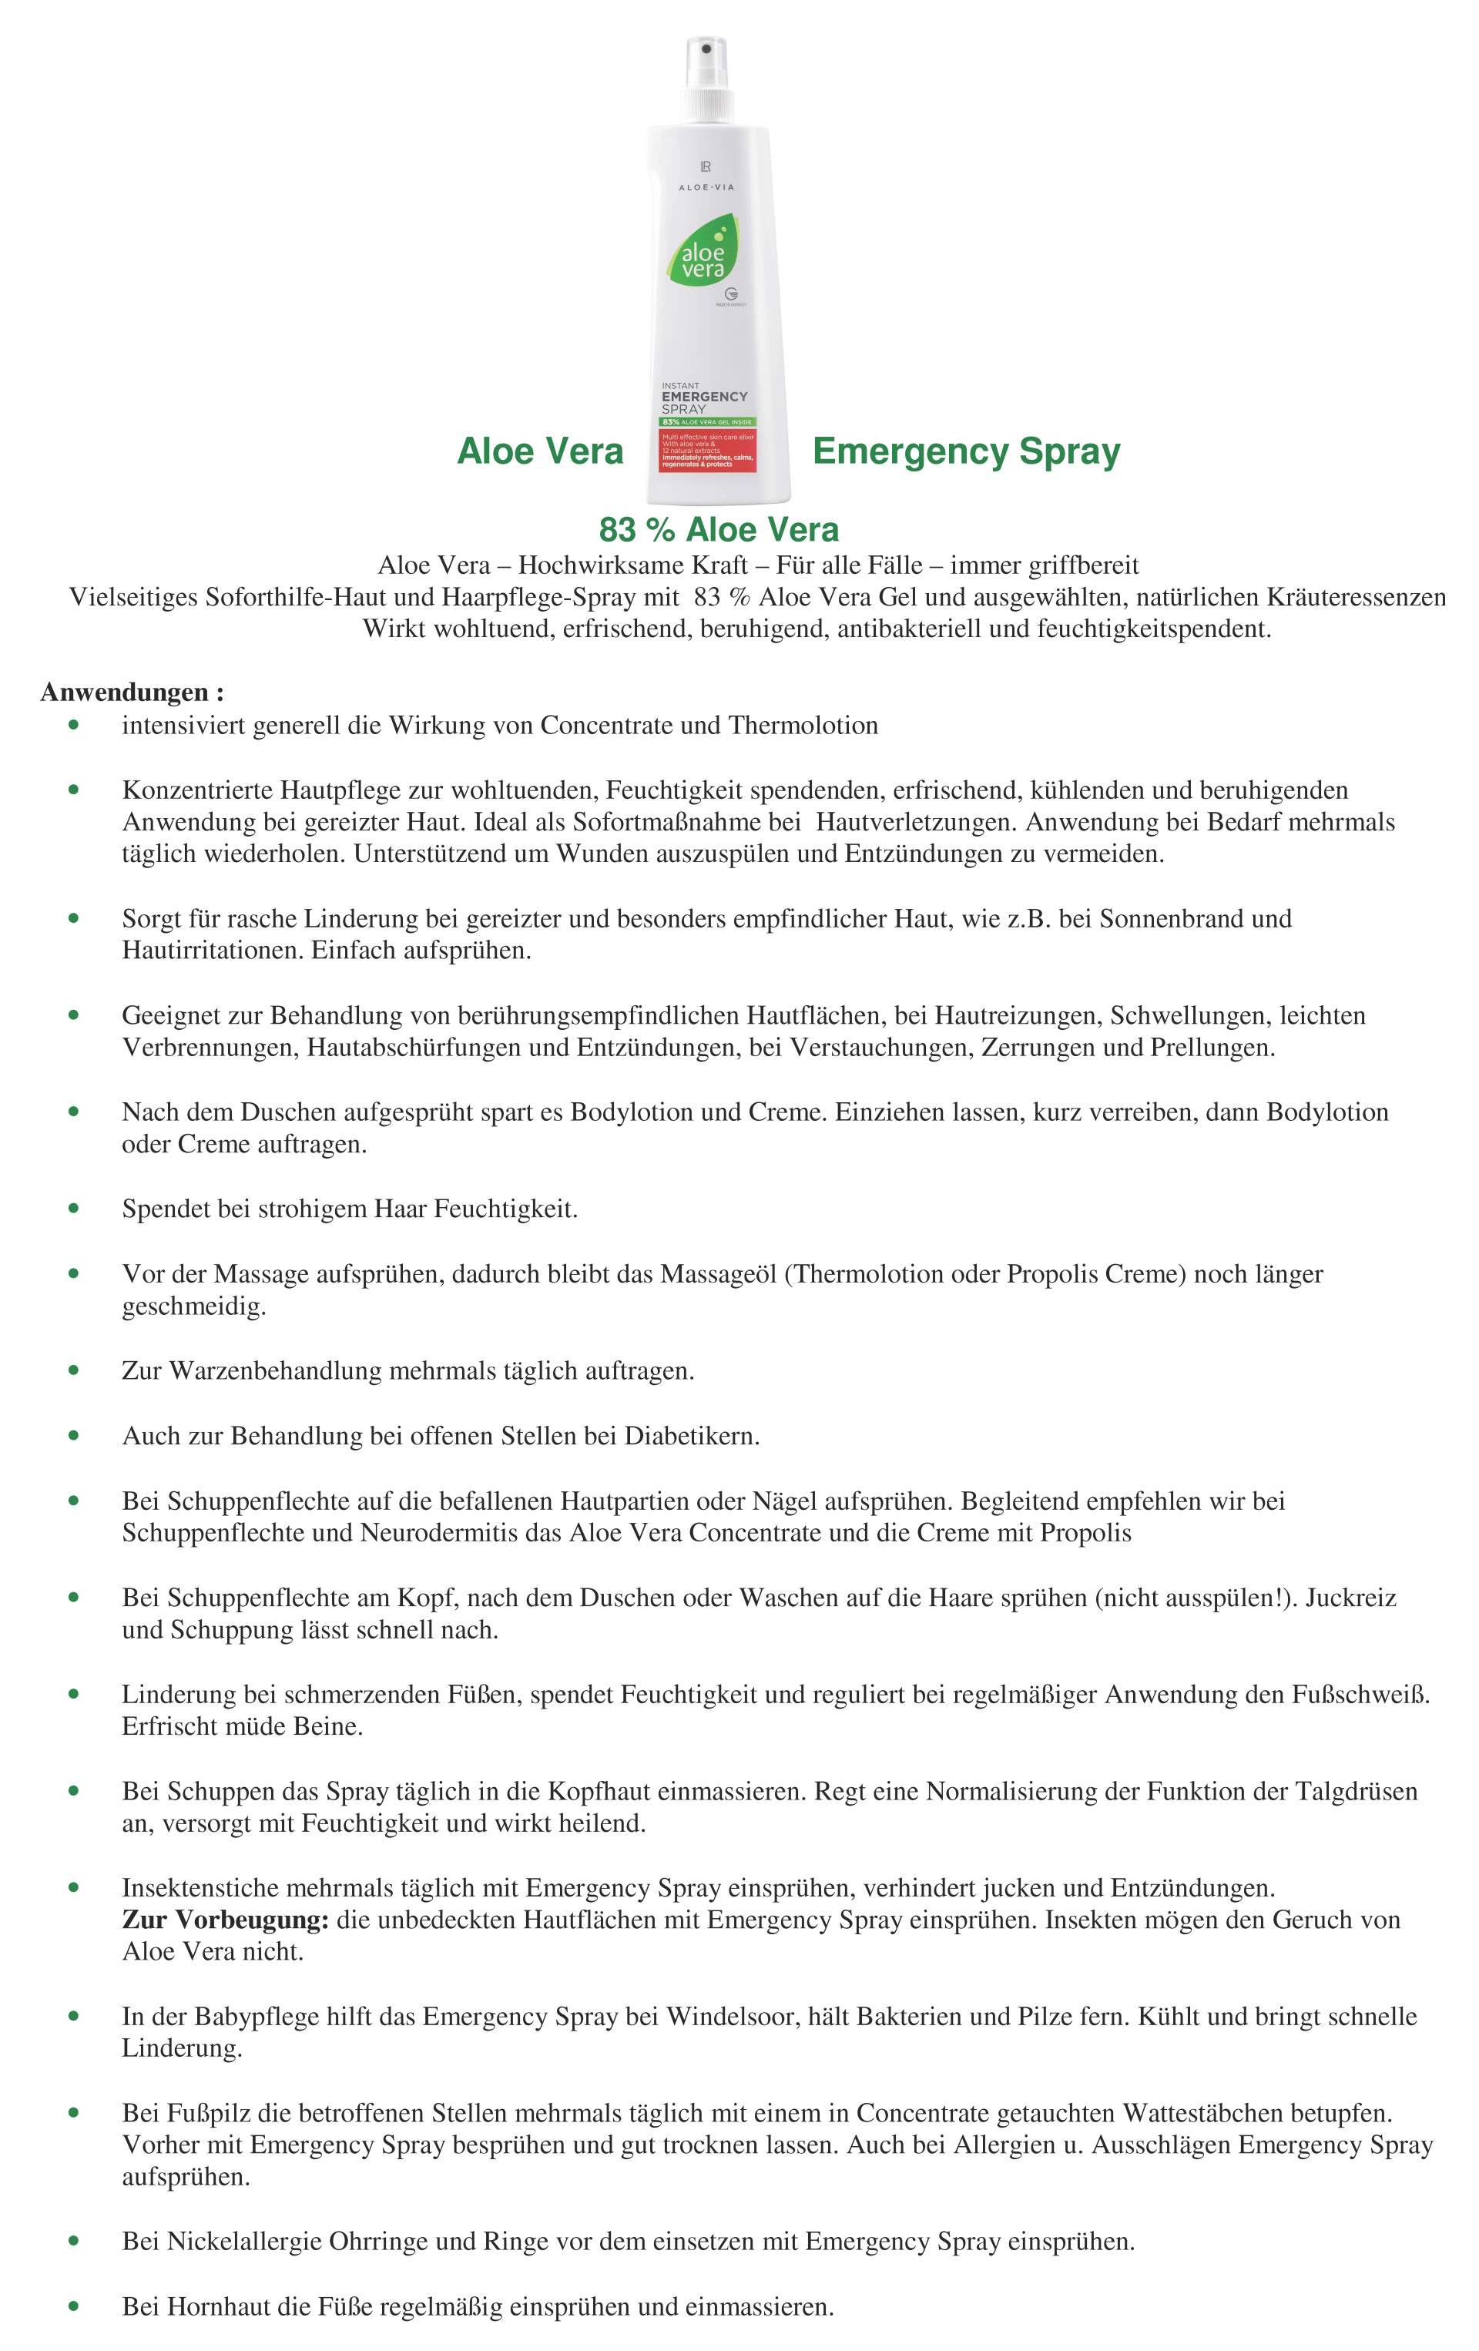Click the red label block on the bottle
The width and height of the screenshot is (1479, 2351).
point(708,450)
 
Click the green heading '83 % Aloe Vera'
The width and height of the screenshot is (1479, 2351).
point(719,529)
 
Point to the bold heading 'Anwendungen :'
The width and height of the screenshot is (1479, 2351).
point(132,693)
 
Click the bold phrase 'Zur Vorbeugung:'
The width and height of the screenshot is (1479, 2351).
point(224,1920)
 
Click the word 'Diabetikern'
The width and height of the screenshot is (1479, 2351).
point(690,1436)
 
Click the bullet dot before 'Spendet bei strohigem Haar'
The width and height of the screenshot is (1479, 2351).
point(73,1209)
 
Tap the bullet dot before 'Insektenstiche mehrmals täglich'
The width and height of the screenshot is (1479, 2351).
point(73,1888)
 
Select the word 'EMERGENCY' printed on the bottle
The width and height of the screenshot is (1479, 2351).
point(704,397)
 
